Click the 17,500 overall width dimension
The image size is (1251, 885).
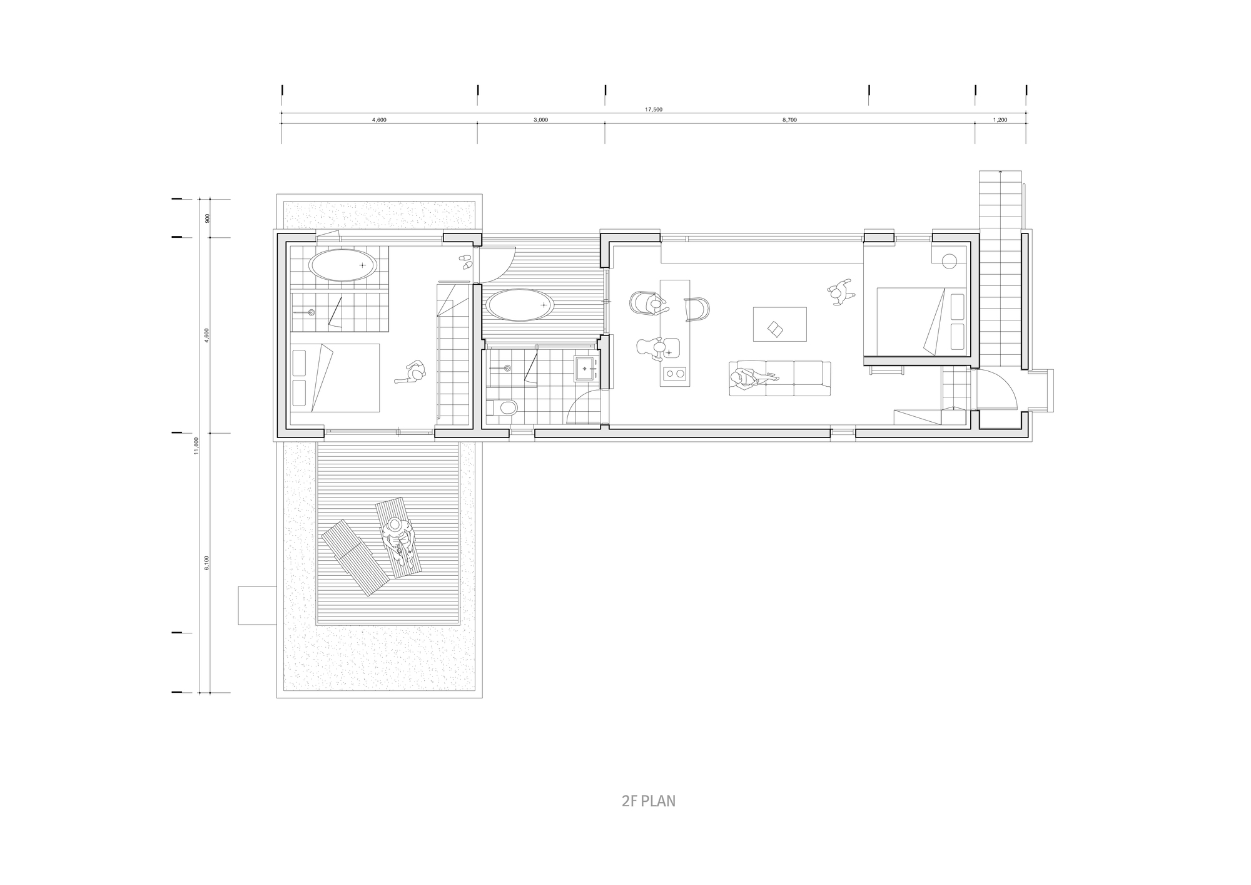pos(654,110)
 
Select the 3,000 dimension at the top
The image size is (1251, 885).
pos(541,120)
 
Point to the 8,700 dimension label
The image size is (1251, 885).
pos(789,120)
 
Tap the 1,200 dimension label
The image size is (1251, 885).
pos(1000,120)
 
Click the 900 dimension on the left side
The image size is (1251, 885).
pos(207,218)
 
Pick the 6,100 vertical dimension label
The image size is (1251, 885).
pos(207,563)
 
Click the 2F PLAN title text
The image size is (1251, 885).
pos(649,801)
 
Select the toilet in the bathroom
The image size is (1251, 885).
pos(504,409)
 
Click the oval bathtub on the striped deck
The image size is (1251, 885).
pos(520,305)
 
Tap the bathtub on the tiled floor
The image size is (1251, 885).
pos(344,265)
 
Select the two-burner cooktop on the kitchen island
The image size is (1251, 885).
pos(675,374)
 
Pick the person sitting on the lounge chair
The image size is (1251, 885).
pos(398,536)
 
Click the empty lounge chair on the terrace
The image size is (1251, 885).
pos(355,557)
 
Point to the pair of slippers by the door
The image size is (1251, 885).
pos(465,262)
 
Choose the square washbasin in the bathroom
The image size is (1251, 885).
pos(585,368)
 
